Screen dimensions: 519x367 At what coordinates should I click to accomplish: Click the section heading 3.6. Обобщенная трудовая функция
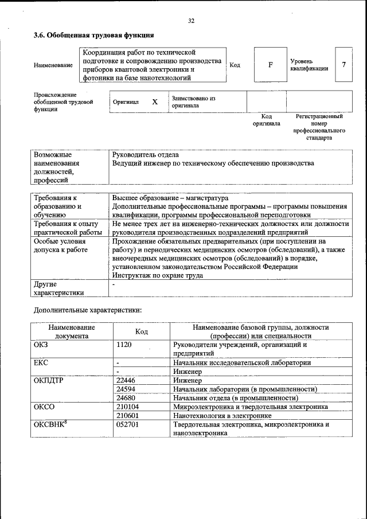(x=93, y=35)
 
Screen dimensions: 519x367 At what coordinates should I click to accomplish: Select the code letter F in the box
(x=270, y=64)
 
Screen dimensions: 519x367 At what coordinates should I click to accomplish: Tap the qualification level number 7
(x=343, y=64)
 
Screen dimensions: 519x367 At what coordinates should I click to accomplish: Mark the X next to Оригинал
(x=154, y=102)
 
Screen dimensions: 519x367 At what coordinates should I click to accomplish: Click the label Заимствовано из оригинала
(x=193, y=102)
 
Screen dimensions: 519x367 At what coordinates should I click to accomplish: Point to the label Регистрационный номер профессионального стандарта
(x=319, y=127)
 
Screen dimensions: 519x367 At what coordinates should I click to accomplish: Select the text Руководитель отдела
(x=146, y=155)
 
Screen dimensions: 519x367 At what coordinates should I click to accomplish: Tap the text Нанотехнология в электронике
(x=221, y=415)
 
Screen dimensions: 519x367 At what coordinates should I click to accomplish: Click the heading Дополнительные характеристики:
(x=87, y=310)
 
